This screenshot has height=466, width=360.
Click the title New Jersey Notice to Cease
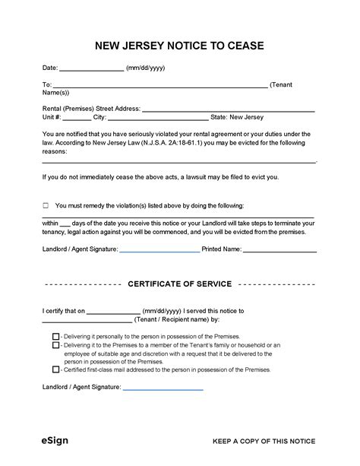(x=179, y=46)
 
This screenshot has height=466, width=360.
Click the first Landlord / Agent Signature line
(x=159, y=249)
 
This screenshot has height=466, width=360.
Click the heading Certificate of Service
(x=180, y=284)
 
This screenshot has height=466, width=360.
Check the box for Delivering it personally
(x=56, y=336)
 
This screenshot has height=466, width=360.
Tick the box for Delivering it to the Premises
(x=56, y=345)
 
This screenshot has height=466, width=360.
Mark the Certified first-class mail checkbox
(x=56, y=369)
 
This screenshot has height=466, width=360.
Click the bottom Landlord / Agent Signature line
(x=163, y=388)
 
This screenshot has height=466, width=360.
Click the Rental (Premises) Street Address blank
(x=228, y=109)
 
